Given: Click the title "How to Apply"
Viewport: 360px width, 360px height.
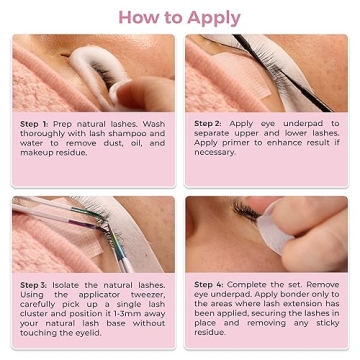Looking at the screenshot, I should [180, 17].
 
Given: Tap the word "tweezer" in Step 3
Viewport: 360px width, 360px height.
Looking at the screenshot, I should [144, 295].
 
